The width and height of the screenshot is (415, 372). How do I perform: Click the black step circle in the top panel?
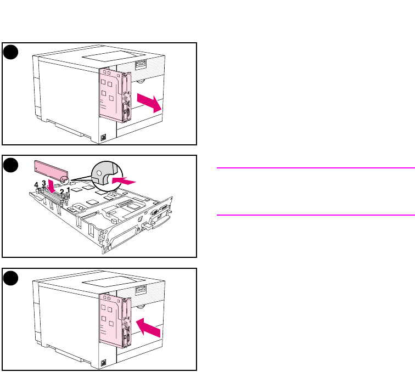10,52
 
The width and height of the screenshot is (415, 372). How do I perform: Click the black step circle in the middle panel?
10,165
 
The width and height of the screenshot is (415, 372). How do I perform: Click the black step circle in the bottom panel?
10,278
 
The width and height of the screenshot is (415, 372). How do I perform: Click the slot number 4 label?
37,186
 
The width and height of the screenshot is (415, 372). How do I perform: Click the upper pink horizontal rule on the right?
315,167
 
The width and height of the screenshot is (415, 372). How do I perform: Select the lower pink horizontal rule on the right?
315,215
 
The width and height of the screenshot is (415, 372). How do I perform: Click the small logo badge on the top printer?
104,138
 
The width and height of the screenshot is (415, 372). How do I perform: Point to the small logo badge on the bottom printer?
104,363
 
